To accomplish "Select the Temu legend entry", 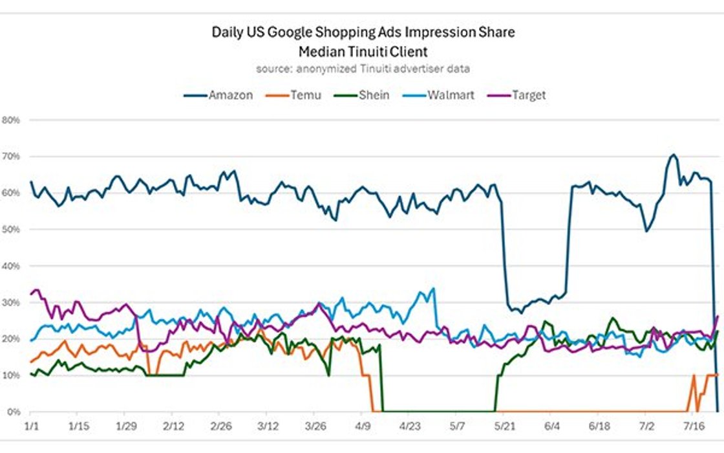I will coord(305,95).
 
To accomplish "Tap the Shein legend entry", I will coord(374,95).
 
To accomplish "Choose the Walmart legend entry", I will coord(451,95).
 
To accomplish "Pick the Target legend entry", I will coord(528,95).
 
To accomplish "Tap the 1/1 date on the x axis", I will coord(30,427).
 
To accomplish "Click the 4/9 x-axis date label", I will coord(362,427).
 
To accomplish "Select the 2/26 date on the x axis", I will coord(220,427).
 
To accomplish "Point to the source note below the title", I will coord(362,68).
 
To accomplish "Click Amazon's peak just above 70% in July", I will coord(673,155).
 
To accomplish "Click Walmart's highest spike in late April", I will coord(433,289).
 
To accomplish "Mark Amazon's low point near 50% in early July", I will coord(646,230).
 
